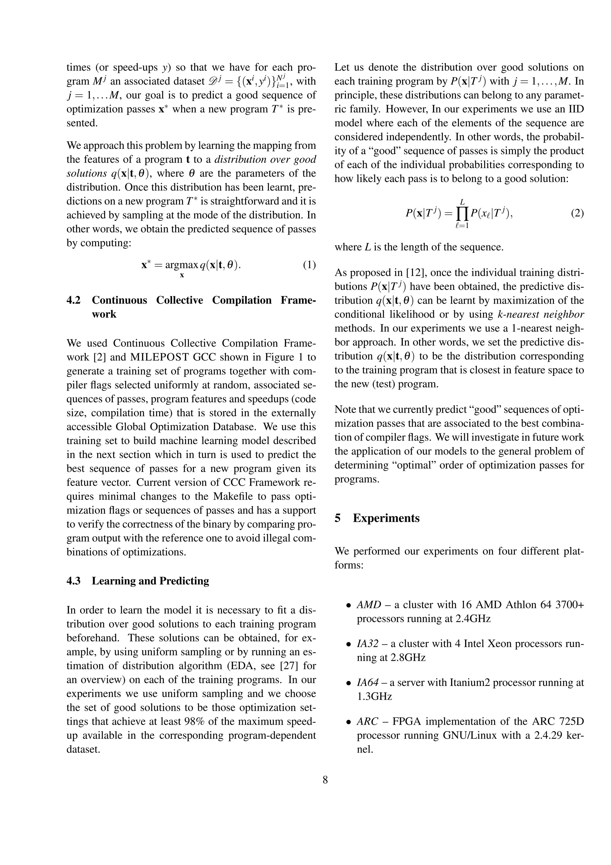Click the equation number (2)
point(577,214)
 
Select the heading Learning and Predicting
point(150,581)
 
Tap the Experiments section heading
point(386,518)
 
